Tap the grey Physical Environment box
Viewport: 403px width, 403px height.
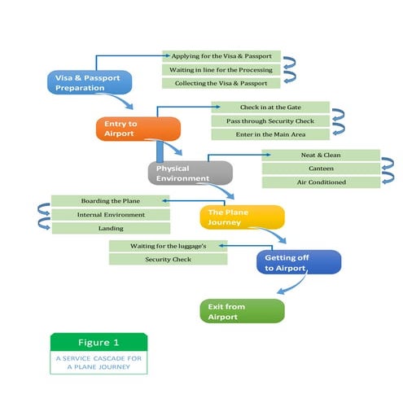click(190, 173)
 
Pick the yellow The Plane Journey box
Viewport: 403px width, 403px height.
click(242, 217)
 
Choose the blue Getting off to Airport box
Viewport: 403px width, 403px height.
click(297, 262)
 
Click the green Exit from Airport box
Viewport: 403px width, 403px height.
click(242, 311)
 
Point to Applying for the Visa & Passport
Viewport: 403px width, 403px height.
click(221, 56)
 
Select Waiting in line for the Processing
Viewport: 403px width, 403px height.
click(221, 70)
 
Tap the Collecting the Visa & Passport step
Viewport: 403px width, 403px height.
click(221, 84)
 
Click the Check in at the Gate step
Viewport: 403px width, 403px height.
click(270, 107)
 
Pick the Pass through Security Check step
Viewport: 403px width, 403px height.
click(270, 120)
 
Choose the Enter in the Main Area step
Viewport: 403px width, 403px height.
click(270, 134)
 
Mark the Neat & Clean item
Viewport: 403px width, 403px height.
click(321, 155)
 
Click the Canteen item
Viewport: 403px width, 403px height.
click(321, 169)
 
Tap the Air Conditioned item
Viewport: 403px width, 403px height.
click(321, 182)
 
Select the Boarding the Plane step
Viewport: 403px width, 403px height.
click(111, 201)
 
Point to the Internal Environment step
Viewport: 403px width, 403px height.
click(111, 215)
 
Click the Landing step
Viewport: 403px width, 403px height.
click(111, 229)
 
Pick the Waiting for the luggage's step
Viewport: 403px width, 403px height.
click(167, 245)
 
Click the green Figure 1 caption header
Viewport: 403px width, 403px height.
click(99, 342)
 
